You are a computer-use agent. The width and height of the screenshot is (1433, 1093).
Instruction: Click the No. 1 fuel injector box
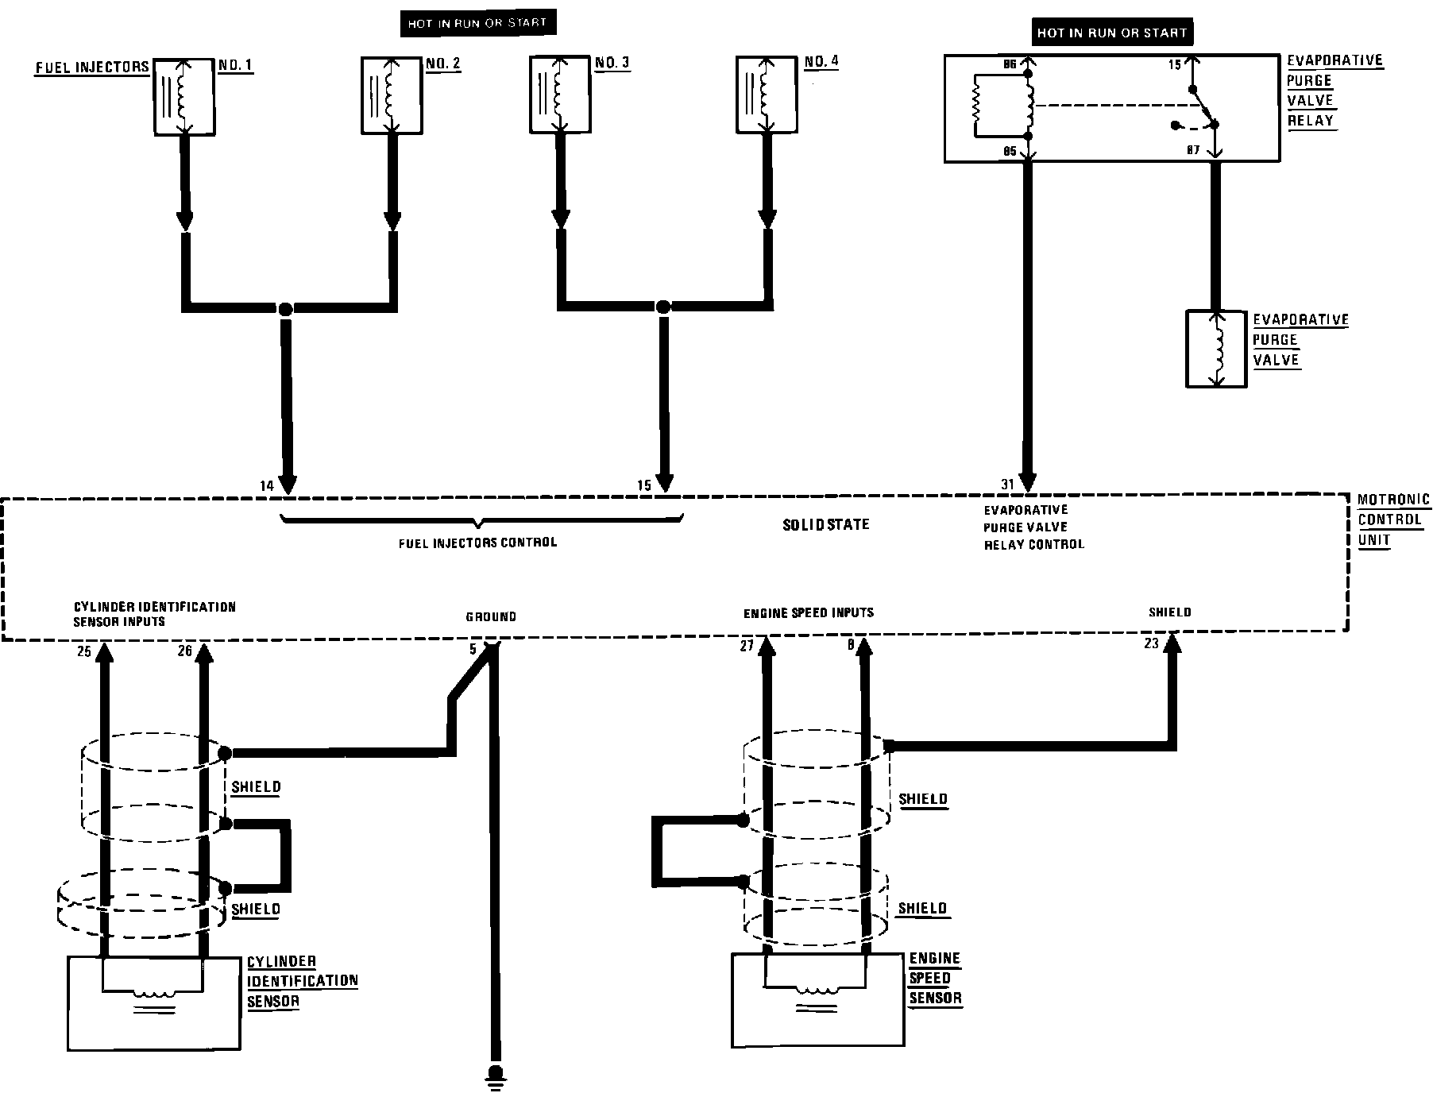pos(183,96)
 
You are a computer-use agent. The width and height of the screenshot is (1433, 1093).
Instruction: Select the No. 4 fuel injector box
pos(767,94)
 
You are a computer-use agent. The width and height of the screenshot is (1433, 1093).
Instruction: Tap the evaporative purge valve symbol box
pos(1215,349)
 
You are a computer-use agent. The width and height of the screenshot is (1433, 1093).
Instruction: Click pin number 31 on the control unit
pos(1007,485)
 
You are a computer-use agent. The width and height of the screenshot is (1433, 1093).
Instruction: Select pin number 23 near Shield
pos(1151,644)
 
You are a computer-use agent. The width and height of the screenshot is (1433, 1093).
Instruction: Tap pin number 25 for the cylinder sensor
pos(84,652)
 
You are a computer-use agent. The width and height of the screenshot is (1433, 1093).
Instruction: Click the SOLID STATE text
pos(826,524)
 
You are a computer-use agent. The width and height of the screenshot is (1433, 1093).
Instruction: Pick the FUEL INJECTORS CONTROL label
pos(477,543)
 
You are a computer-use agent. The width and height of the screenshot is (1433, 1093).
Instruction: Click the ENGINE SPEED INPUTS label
pos(808,612)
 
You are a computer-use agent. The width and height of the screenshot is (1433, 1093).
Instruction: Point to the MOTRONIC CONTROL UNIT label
pos(1393,520)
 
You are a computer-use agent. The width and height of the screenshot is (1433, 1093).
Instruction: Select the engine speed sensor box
pos(817,999)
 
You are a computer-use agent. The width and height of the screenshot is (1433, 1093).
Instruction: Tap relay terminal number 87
pos(1193,149)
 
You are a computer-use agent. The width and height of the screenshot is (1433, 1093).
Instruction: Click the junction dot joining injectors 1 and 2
pos(285,307)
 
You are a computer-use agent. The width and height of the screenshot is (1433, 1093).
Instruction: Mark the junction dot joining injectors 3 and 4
pos(663,306)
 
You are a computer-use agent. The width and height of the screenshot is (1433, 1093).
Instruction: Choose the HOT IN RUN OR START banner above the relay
pos(1111,33)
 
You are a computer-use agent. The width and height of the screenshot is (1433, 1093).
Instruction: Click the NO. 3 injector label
pos(612,62)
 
